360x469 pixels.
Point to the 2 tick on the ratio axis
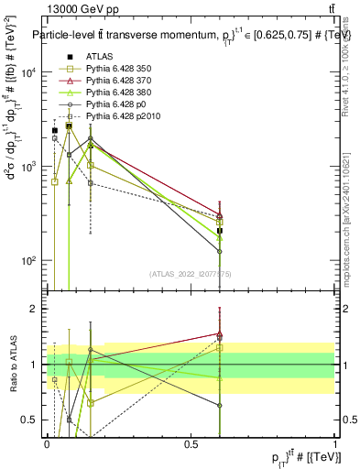click(47, 309)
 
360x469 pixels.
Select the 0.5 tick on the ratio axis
click(47, 420)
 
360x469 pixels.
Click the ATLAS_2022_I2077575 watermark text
click(191, 274)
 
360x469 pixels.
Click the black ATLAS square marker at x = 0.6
click(220, 231)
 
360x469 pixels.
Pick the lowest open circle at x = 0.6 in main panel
click(220, 251)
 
